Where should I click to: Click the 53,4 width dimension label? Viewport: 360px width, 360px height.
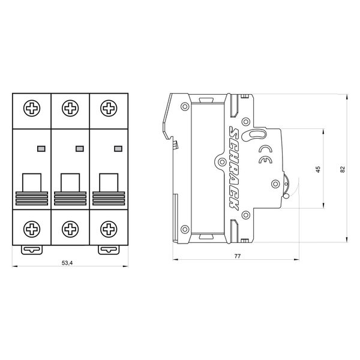pos(67,263)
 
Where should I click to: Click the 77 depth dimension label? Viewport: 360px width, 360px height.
pos(238,256)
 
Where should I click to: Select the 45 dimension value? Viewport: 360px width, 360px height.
pos(318,169)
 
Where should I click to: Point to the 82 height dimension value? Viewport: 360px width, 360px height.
pos(343,169)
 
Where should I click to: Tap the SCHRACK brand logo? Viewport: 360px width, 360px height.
pos(234,168)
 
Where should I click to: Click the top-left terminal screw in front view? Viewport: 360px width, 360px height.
pos(32,108)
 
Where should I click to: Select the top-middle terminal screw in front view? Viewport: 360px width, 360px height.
pos(70,108)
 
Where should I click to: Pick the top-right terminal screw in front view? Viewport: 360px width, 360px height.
pos(109,108)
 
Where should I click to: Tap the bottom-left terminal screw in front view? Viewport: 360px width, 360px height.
pos(32,229)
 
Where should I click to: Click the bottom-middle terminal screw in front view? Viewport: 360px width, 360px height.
pos(70,229)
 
